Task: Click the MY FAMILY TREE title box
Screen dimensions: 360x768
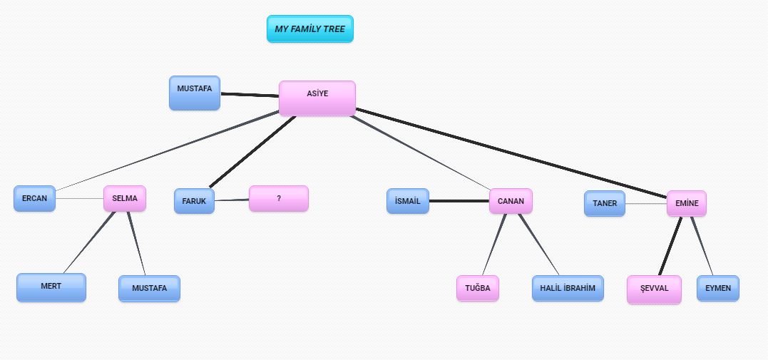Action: click(x=309, y=29)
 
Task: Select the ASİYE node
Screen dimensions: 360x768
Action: click(x=317, y=98)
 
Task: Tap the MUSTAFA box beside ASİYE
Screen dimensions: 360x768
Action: click(x=195, y=93)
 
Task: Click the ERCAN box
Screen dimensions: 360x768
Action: click(x=34, y=198)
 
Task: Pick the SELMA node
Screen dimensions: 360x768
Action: click(x=125, y=199)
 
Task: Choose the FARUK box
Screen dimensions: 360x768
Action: click(x=194, y=201)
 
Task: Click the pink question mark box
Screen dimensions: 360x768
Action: click(x=278, y=199)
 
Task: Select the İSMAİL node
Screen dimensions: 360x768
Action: click(x=408, y=201)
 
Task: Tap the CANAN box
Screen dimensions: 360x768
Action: click(x=511, y=201)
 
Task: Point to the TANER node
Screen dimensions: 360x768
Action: click(x=605, y=203)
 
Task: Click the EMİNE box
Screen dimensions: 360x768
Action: click(x=686, y=204)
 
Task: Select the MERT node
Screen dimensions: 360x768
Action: click(x=51, y=287)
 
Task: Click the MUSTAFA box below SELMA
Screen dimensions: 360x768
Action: click(x=149, y=289)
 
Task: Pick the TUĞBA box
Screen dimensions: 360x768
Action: click(x=478, y=288)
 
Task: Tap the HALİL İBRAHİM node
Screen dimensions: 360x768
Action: click(x=568, y=288)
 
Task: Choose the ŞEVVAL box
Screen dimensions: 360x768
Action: click(x=654, y=289)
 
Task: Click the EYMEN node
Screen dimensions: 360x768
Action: click(x=718, y=288)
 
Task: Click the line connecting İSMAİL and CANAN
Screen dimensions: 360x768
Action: click(x=459, y=201)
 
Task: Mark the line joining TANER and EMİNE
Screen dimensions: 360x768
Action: click(x=646, y=204)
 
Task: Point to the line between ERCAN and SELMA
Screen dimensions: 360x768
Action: click(x=80, y=198)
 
